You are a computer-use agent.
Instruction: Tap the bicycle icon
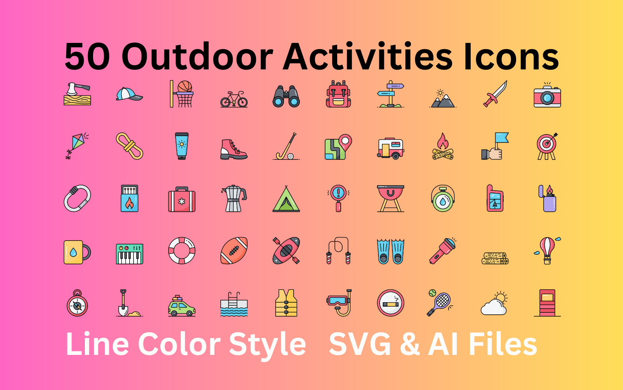coord(234,99)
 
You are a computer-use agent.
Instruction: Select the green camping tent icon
coord(286,199)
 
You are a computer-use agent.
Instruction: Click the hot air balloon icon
coord(547,250)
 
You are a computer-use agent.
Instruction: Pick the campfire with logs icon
coord(443,147)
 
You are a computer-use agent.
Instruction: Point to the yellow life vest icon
coord(286,303)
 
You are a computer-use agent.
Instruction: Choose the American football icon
coord(234,250)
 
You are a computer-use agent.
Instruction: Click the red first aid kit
coord(181,200)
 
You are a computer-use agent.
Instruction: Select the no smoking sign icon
coord(391,303)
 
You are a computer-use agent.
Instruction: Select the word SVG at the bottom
coord(360,344)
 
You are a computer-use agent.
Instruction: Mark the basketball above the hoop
coord(185,86)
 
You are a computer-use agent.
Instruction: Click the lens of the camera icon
coord(547,98)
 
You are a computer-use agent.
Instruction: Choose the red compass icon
coord(77,305)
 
